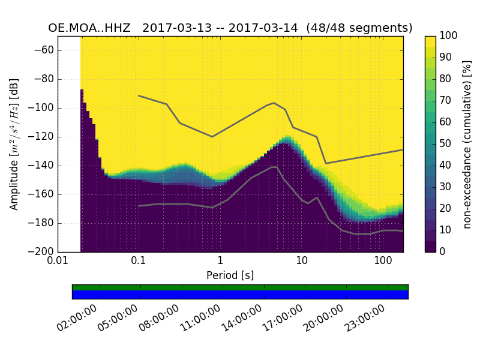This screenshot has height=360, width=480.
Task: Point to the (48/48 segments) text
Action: [359, 28]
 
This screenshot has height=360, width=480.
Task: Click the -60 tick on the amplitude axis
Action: [46, 50]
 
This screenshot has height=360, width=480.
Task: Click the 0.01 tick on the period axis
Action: [58, 261]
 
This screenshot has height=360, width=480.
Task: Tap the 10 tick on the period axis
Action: [302, 261]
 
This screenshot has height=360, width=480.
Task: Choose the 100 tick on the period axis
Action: [383, 261]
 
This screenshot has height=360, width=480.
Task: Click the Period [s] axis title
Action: [230, 275]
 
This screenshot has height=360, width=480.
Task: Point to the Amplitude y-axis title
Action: [14, 144]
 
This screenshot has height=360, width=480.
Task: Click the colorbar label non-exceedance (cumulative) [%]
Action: [468, 144]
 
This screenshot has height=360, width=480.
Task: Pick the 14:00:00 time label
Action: [242, 319]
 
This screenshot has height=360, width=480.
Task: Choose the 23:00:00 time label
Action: [365, 319]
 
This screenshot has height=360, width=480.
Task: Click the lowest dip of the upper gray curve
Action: [326, 163]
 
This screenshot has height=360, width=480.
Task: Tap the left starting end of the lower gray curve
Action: [139, 206]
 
